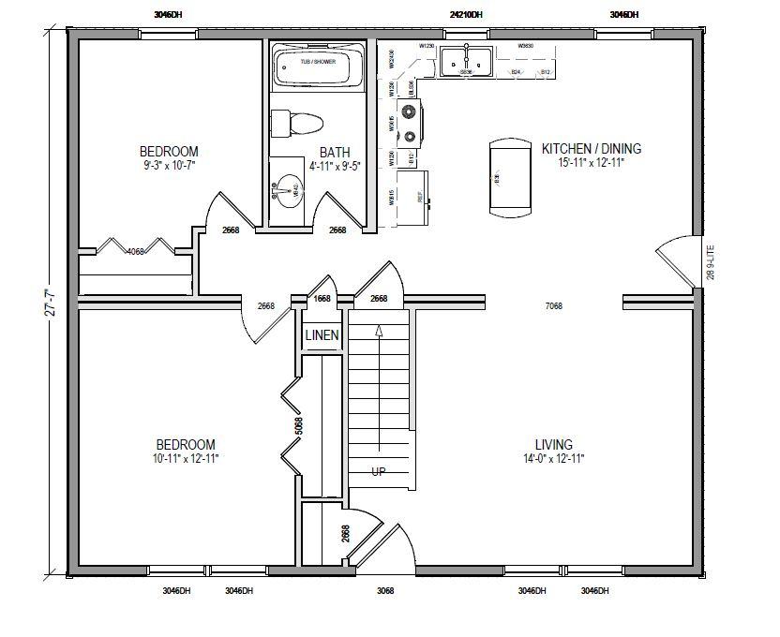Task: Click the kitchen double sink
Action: [x=464, y=61]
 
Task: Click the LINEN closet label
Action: [x=322, y=335]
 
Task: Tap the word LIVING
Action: [x=554, y=445]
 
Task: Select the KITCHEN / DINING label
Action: [x=591, y=149]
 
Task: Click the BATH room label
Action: [x=335, y=153]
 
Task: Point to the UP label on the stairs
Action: [x=380, y=470]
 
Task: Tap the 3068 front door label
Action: [x=384, y=591]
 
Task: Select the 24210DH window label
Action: [x=466, y=15]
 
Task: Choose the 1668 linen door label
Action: [x=322, y=299]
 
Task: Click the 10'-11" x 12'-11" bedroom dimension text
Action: [x=186, y=458]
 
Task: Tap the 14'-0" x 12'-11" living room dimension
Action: [x=554, y=458]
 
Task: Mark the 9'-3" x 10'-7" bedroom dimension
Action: [x=169, y=165]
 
